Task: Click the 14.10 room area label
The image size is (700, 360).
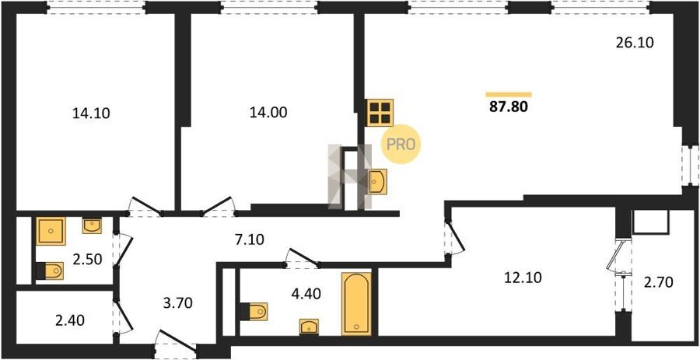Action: click(91, 114)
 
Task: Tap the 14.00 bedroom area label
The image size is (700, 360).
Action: click(268, 113)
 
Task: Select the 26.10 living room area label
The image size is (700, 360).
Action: click(635, 43)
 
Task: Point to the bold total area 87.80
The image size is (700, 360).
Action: click(509, 107)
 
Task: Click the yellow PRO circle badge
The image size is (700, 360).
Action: click(401, 144)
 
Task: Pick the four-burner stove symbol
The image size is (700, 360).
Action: click(380, 113)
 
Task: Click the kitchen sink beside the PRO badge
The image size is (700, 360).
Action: click(377, 182)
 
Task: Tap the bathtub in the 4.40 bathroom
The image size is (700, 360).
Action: click(356, 303)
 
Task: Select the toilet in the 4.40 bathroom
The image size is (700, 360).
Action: click(254, 311)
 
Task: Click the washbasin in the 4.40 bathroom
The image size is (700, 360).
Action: click(309, 327)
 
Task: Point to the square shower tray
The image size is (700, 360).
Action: click(51, 231)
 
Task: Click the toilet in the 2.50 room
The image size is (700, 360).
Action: click(50, 271)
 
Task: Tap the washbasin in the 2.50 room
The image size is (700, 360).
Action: click(92, 225)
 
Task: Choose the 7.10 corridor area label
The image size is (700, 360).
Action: click(248, 240)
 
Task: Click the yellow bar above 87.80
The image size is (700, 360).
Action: click(509, 95)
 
